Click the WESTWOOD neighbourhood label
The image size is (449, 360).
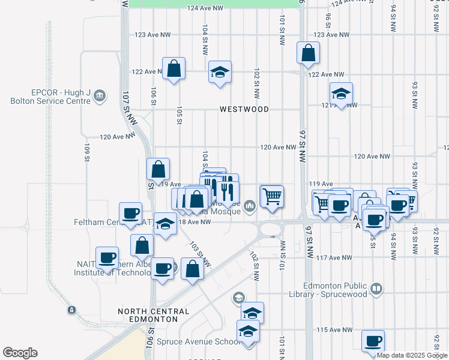pos(244,110)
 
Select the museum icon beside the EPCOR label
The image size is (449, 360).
pos(100,95)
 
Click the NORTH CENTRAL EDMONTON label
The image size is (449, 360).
pos(153,315)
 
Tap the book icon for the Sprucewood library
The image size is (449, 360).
pos(376,289)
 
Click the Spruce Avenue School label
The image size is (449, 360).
pos(190,342)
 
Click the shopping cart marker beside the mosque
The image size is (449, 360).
pos(272,196)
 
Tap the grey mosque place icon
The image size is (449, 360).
pos(250,207)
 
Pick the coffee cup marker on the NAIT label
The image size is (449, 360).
pos(107,257)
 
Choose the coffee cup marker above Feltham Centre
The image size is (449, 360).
pos(130,213)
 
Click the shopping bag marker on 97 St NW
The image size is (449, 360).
pos(307,53)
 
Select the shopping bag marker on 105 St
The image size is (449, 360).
pos(173,68)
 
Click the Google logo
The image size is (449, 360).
pos(20,353)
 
